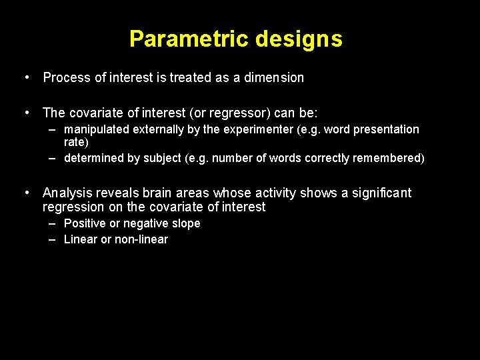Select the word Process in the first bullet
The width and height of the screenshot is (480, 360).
(x=67, y=77)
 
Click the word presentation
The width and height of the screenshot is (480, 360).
(x=386, y=129)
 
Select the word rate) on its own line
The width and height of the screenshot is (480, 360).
(x=75, y=142)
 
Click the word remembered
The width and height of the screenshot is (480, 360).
(x=391, y=158)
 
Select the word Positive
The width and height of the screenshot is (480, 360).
(x=85, y=223)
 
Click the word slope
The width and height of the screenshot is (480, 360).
(x=186, y=223)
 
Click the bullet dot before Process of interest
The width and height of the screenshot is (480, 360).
(x=26, y=77)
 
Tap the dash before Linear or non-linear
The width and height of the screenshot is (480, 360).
(x=52, y=239)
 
